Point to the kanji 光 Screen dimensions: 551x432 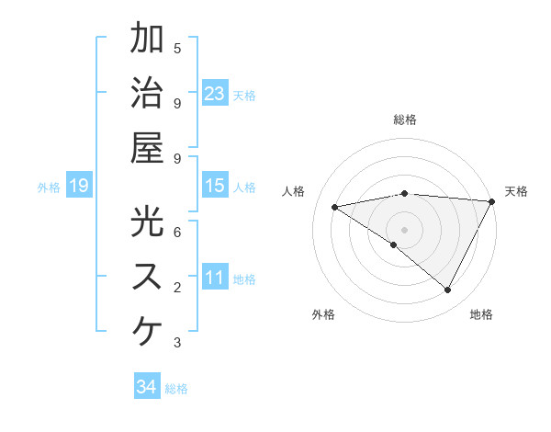[147, 222]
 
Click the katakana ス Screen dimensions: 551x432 [147, 276]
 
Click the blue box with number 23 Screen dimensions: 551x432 [215, 93]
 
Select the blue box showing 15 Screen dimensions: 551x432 [215, 187]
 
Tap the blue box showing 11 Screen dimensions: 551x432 [215, 279]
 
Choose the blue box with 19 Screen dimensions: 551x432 [79, 187]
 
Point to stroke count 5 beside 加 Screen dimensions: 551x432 [177, 48]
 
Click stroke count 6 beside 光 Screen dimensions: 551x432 [177, 232]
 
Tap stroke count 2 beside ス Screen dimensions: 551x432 [177, 288]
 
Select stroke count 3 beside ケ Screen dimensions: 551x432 [177, 343]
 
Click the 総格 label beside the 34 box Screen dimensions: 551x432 [176, 389]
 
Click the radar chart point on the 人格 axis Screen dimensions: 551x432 [335, 207]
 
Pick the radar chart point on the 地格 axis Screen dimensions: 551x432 [448, 290]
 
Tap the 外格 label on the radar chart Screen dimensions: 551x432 [323, 314]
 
